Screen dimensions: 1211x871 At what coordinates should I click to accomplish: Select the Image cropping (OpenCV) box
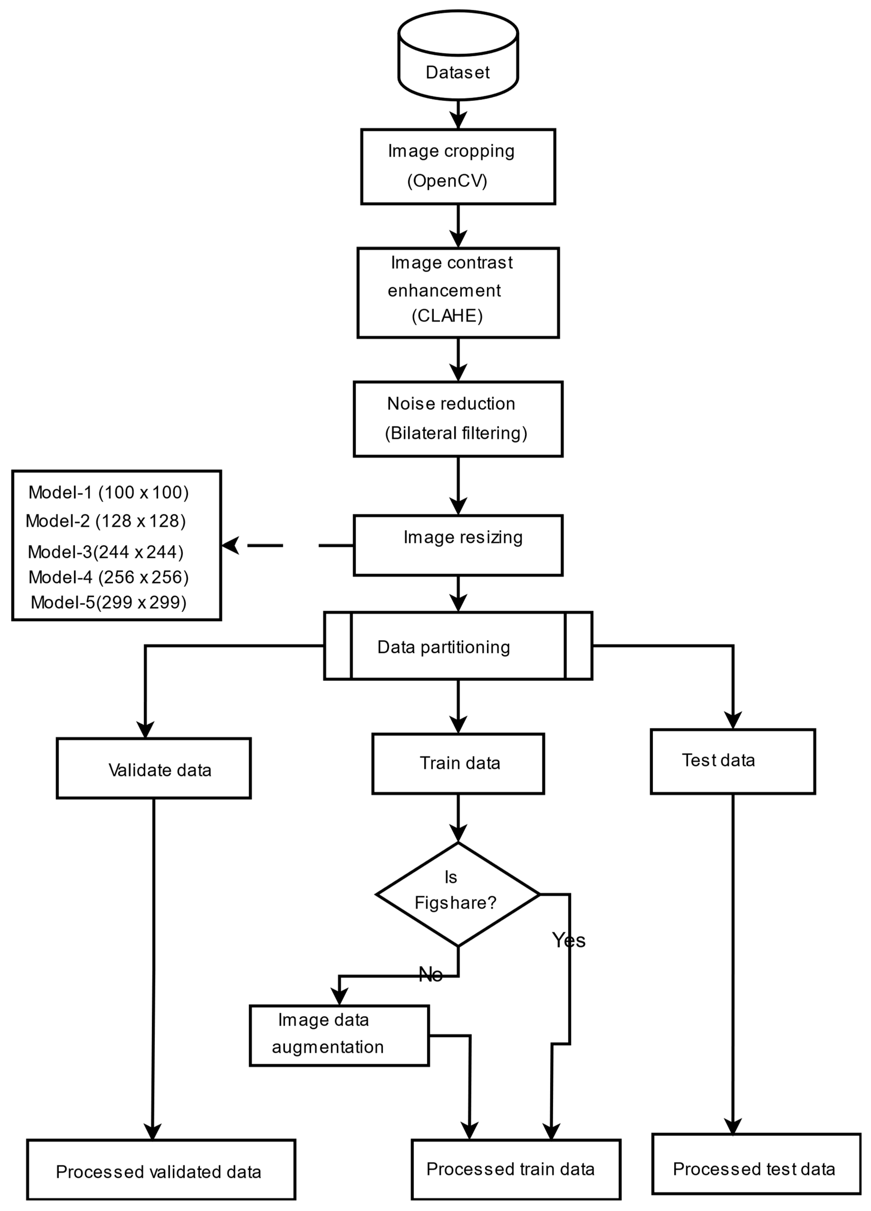[x=458, y=166]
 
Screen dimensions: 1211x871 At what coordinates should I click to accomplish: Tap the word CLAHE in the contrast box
[x=447, y=316]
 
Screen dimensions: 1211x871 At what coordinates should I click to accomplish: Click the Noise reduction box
[x=458, y=419]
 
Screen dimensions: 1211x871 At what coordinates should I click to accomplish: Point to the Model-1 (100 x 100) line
[x=108, y=492]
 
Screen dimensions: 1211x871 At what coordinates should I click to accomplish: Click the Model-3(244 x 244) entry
[x=106, y=552]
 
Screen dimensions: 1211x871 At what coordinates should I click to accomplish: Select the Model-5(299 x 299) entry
[x=108, y=602]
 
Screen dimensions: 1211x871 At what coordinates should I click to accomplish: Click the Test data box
[x=733, y=761]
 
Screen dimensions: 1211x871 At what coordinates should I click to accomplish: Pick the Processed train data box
[x=516, y=1169]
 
